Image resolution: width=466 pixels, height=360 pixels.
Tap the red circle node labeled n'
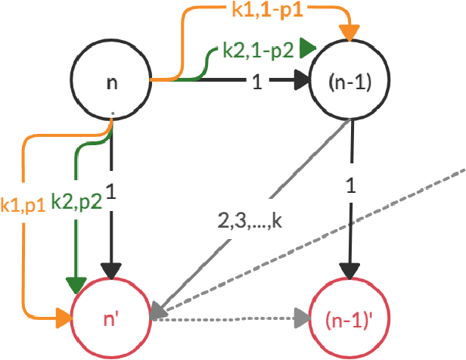point(112,318)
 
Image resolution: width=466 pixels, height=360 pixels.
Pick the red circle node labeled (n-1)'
point(349,318)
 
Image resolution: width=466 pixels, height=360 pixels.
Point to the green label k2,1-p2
point(257,50)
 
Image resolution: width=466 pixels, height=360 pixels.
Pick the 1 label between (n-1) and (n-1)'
point(350,185)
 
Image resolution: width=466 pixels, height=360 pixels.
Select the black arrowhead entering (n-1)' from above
point(349,272)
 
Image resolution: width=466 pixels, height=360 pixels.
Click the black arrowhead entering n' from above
point(112,272)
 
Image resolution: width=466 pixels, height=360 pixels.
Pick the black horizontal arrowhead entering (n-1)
point(303,79)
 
